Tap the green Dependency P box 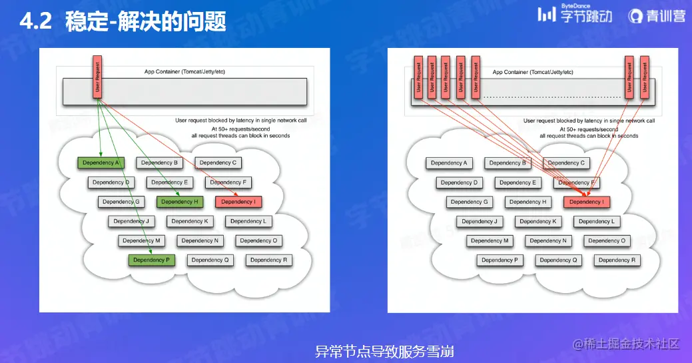(x=151, y=260)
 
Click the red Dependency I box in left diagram (x=238, y=202)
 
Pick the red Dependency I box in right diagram (x=587, y=202)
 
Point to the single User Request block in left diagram (x=97, y=79)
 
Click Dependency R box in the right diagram (x=614, y=260)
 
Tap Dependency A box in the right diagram (x=449, y=163)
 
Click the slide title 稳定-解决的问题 (x=146, y=22)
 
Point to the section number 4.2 (x=35, y=22)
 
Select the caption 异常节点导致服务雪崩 (x=384, y=351)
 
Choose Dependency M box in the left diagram (x=141, y=241)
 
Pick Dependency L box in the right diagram (x=597, y=222)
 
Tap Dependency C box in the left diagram (x=218, y=163)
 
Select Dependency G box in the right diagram (x=470, y=202)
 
